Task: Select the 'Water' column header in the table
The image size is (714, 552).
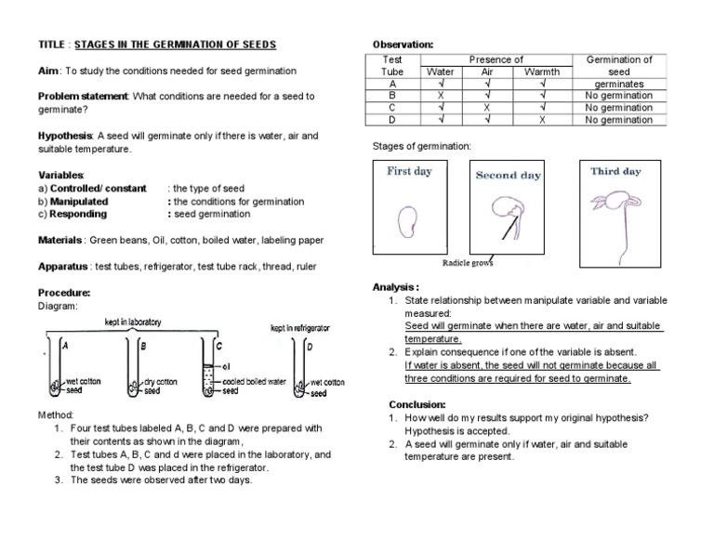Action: [x=440, y=72]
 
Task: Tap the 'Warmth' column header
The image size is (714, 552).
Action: [x=542, y=72]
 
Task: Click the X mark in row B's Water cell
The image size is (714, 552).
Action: [x=440, y=96]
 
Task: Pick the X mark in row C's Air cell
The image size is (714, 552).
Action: [x=487, y=108]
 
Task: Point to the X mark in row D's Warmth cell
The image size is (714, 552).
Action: [x=542, y=120]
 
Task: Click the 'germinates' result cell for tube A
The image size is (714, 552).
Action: [x=619, y=84]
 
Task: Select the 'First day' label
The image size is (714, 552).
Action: [x=409, y=172]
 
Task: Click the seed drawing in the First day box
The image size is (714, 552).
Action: [x=407, y=221]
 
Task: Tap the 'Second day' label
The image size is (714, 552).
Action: [x=508, y=175]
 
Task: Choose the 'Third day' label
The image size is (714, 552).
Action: [x=615, y=172]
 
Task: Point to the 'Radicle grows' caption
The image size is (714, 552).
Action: [x=468, y=263]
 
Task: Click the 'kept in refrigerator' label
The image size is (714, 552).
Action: [x=298, y=328]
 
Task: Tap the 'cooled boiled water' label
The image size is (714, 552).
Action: [x=252, y=382]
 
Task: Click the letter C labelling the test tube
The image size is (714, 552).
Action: [x=219, y=345]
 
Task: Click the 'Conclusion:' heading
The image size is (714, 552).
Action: [x=417, y=405]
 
